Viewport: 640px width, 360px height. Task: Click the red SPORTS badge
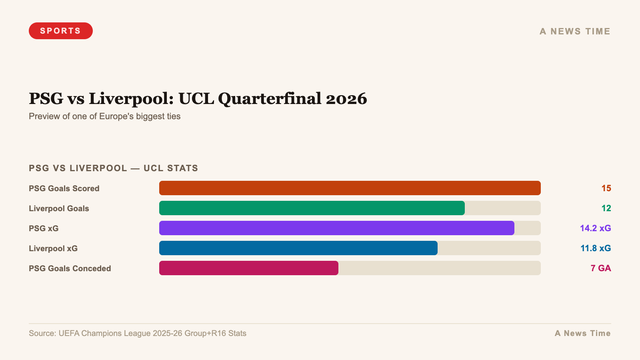61,31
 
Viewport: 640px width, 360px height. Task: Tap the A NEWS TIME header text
575,31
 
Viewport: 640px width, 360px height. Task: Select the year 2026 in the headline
346,99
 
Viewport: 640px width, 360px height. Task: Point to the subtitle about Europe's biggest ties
105,116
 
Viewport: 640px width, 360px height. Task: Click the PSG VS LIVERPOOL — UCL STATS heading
114,168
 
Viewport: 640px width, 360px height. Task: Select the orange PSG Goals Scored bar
350,188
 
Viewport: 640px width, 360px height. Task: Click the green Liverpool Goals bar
312,208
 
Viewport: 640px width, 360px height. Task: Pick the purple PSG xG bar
336,228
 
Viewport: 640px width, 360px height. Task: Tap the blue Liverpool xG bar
298,248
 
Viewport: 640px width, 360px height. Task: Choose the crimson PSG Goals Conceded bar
248,268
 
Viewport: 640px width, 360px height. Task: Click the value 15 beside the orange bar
606,188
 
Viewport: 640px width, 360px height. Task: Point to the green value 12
606,208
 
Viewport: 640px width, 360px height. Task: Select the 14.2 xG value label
595,228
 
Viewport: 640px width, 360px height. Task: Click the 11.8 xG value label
596,248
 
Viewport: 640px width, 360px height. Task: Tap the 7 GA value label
600,268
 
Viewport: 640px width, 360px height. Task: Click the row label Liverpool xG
53,248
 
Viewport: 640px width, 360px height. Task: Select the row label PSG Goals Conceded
70,268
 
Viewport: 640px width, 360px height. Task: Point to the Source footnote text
138,333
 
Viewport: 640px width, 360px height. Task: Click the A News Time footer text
582,333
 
